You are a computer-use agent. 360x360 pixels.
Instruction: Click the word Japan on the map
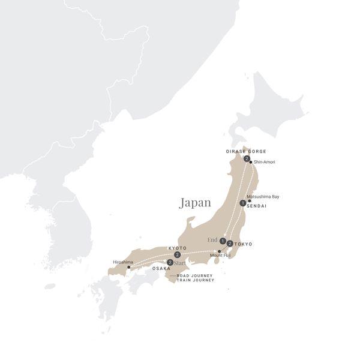pos(195,203)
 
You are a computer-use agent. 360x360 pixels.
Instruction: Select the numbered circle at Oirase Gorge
pos(247,158)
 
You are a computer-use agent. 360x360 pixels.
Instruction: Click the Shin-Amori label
pos(265,163)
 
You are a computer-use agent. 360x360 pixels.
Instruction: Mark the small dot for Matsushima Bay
pos(250,201)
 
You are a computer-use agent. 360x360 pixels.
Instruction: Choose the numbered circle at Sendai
pos(242,203)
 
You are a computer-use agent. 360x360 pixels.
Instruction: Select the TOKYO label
pos(244,244)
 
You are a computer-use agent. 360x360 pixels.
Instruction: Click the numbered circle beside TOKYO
pos(230,244)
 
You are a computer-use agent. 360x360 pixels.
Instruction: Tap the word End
pos(212,241)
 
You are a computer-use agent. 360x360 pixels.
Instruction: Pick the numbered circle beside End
pos(223,241)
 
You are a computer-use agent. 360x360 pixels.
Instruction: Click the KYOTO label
pos(178,248)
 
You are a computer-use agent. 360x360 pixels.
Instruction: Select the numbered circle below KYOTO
pos(178,255)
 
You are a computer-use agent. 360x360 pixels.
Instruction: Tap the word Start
pos(180,263)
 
